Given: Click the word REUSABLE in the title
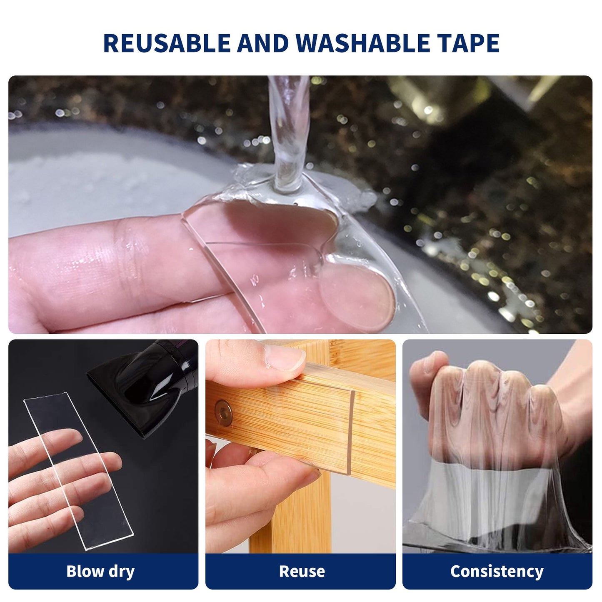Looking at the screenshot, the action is pos(167,43).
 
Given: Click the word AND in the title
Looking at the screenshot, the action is pos(263,43).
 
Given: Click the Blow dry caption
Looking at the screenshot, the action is pos(100,572).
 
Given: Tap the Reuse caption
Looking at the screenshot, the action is pos(302,572).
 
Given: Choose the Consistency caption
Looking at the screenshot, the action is pos(497,572).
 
